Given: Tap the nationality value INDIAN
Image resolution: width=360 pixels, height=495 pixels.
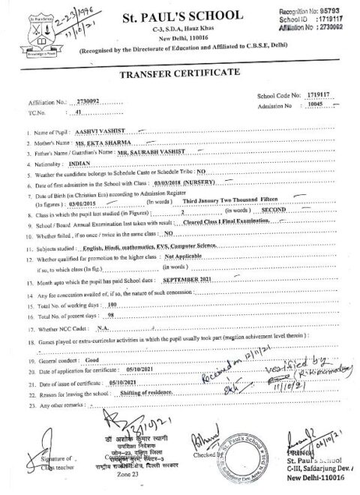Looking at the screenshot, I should coord(79,160).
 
